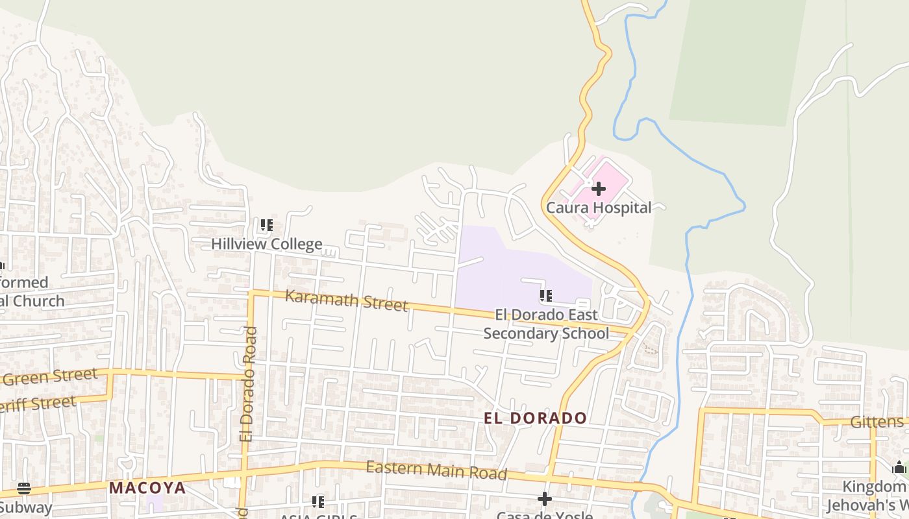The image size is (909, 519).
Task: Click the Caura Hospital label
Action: coord(598,208)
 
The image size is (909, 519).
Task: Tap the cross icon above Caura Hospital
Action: coord(599,189)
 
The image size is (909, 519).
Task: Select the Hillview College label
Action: coord(266,245)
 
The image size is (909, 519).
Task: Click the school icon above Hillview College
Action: coord(266,226)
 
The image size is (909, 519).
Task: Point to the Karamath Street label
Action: coord(346,300)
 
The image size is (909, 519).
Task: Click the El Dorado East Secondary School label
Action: coord(546,324)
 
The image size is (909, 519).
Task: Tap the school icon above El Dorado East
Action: coord(546,296)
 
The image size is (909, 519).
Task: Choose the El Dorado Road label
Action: coord(248,384)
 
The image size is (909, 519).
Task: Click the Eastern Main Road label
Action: coord(436,470)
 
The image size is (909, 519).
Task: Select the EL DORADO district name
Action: coord(535,418)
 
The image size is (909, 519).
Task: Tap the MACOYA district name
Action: coord(147,488)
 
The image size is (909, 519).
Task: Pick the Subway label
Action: coord(26,507)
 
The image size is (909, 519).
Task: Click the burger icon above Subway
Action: coord(24,488)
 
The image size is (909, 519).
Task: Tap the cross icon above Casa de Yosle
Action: coord(545,499)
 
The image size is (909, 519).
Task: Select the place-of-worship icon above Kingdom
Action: coord(899,467)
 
